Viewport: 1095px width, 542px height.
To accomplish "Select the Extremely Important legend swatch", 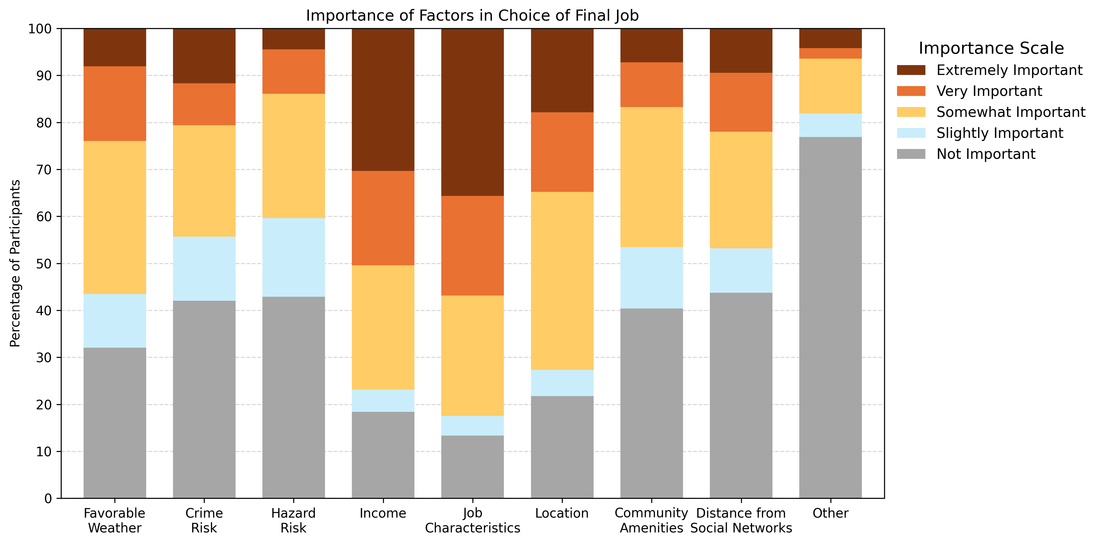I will point(911,70).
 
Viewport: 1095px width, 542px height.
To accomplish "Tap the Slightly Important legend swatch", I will point(911,133).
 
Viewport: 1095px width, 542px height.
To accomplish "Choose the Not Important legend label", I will point(986,154).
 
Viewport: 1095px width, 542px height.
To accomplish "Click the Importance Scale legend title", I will point(991,48).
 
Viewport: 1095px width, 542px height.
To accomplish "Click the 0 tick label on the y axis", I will point(47,498).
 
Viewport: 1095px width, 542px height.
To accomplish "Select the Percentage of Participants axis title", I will point(15,263).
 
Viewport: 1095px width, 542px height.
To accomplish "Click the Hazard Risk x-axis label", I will point(293,520).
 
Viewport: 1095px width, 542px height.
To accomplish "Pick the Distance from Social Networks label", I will point(741,520).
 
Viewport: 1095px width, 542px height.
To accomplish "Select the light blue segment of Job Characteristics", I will point(472,425).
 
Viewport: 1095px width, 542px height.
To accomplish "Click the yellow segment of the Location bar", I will point(562,281).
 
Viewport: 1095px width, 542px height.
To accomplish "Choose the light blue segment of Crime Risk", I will point(204,269).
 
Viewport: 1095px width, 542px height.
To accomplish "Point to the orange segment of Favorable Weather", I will point(115,103).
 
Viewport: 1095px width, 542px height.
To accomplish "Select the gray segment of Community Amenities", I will point(651,403).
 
